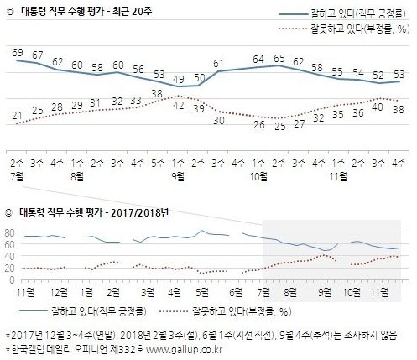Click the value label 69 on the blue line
point(17,53)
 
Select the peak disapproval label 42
point(178,98)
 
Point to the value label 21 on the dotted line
point(17,115)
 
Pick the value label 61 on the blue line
point(219,64)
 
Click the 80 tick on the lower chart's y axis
point(11,232)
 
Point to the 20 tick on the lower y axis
point(11,268)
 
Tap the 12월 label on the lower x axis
point(59,290)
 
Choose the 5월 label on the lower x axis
point(201,290)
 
